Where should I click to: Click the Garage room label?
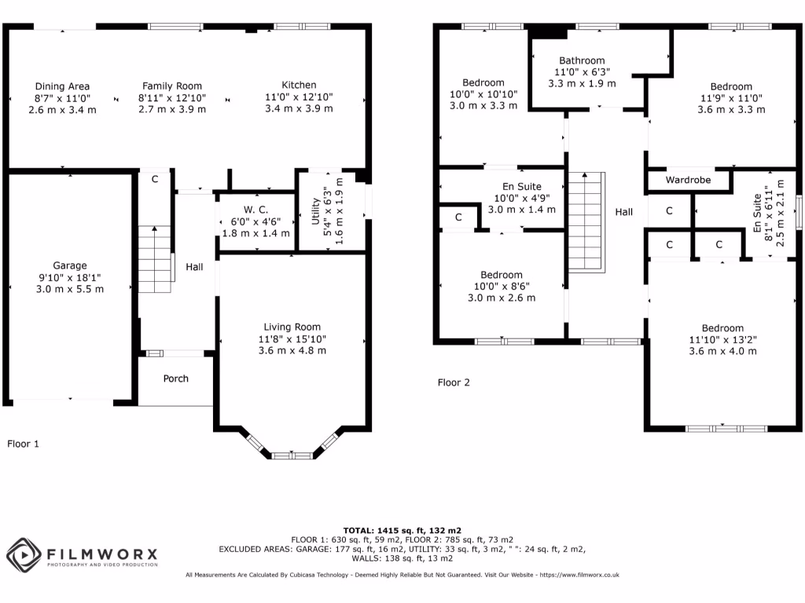tap(70, 265)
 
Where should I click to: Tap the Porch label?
tap(175, 378)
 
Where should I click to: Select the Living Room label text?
tap(292, 327)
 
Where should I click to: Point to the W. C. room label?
tap(255, 210)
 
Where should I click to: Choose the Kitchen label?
tap(299, 86)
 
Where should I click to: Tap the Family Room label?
tap(171, 86)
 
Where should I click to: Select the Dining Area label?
tap(62, 86)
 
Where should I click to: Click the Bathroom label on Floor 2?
tap(582, 60)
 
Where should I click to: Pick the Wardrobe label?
tap(687, 180)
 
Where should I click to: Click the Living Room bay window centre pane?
tap(292, 455)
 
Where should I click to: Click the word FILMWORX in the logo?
tap(102, 554)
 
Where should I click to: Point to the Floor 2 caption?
tap(454, 383)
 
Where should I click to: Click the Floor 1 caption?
tap(23, 444)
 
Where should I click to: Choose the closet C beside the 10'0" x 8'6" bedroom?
tap(458, 217)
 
